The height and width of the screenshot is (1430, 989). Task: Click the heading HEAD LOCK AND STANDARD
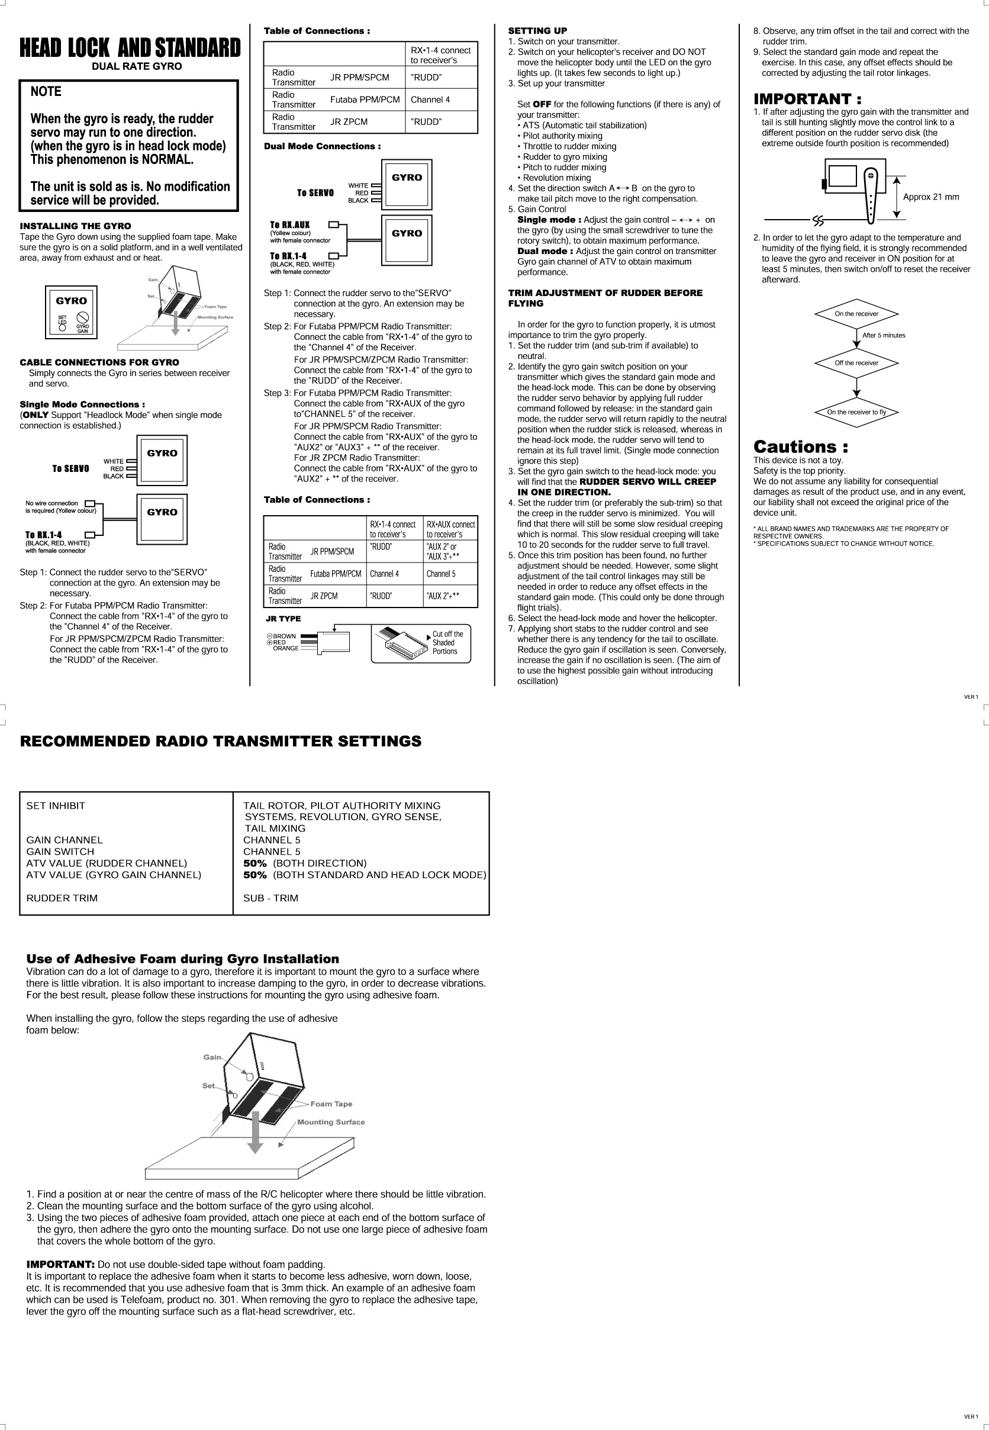tap(130, 48)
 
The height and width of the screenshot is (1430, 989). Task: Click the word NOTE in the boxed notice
tap(46, 92)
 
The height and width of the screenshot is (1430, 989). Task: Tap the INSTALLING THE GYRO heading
tap(75, 226)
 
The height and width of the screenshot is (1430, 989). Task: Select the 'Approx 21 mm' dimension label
tap(930, 197)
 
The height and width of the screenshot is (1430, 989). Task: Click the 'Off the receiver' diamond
tap(856, 362)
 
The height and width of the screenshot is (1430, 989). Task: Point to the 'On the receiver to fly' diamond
tap(856, 412)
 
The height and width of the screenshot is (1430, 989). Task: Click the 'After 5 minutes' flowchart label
tap(883, 335)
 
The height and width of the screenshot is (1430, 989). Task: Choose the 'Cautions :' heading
tap(800, 446)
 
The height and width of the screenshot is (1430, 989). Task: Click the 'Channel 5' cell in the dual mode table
tap(440, 574)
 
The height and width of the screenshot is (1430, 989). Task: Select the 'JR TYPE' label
tap(282, 619)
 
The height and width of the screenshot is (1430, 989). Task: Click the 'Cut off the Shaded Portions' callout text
tap(447, 643)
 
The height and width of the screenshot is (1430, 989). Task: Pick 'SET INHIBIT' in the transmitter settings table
tap(56, 806)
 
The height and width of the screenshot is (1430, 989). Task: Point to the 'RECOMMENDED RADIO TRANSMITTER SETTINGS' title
tap(221, 741)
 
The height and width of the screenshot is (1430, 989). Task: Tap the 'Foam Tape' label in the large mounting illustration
tap(331, 1104)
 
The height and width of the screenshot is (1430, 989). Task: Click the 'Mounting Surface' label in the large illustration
tap(331, 1122)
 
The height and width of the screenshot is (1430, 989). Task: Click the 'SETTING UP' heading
tap(537, 31)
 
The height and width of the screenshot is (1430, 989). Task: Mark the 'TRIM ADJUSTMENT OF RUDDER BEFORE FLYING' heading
tap(605, 298)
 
